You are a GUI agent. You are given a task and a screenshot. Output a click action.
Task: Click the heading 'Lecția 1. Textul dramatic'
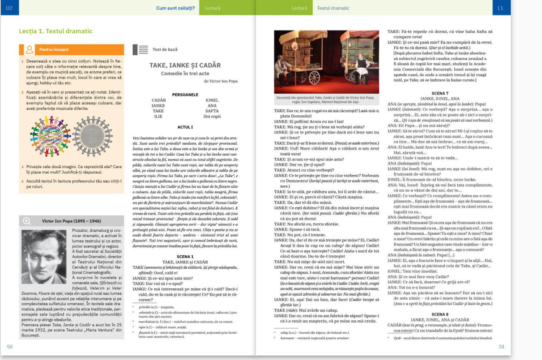(x=56, y=31)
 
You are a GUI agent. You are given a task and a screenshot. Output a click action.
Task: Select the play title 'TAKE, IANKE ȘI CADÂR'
(x=185, y=65)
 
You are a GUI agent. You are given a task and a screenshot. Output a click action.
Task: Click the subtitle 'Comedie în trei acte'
(x=185, y=73)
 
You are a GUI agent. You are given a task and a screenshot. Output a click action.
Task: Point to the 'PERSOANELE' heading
(x=185, y=95)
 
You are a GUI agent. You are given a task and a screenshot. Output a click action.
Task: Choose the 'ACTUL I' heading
(x=185, y=127)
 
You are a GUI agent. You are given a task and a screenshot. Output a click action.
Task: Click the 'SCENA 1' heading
(x=185, y=257)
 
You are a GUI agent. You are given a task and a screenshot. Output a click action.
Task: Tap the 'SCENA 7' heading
(x=440, y=94)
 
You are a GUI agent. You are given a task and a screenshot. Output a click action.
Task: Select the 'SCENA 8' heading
(x=440, y=314)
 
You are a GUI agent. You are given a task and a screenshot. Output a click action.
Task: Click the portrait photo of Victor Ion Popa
(x=44, y=256)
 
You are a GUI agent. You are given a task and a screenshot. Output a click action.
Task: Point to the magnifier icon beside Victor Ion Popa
(x=27, y=221)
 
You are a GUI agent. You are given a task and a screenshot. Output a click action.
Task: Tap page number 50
(x=10, y=347)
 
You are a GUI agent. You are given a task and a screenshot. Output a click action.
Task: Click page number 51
(x=502, y=347)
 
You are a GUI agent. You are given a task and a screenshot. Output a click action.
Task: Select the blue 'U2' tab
(x=9, y=8)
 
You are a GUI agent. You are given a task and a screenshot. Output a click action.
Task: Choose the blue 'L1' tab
(x=500, y=8)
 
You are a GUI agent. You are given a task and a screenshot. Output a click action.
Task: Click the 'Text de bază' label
(x=165, y=49)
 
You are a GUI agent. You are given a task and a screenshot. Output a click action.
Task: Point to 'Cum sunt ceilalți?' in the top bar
(x=175, y=8)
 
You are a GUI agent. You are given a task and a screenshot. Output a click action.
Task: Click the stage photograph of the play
(x=327, y=62)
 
